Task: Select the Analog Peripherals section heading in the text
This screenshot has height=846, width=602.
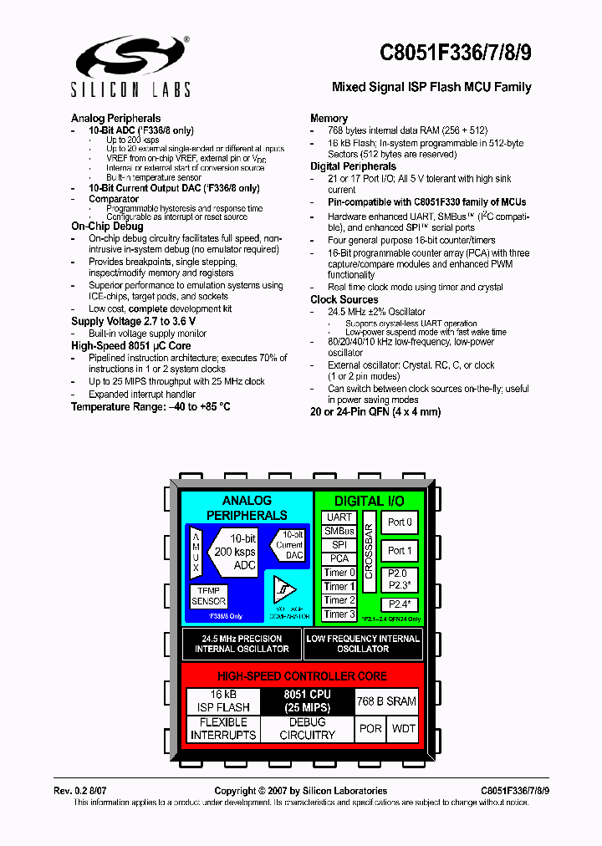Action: point(115,118)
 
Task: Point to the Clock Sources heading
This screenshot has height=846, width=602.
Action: point(344,299)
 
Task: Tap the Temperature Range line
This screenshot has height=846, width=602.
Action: point(150,406)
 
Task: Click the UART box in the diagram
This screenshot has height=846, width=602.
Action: point(339,517)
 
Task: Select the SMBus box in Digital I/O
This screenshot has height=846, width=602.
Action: point(339,531)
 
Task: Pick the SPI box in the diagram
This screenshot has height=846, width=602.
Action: point(339,545)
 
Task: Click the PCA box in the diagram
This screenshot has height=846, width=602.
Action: point(339,558)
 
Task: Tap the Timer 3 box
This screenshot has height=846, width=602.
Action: point(339,614)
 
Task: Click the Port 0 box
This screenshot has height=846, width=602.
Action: point(400,522)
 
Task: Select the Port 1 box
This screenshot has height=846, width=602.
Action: point(400,551)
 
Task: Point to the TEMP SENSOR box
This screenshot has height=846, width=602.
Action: point(208,596)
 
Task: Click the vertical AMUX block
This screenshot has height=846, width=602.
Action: point(196,553)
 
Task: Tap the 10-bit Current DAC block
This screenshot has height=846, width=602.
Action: point(290,545)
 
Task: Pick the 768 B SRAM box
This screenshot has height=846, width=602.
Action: point(386,701)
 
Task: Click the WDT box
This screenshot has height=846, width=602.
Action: point(404,729)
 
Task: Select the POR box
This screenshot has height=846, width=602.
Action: point(370,729)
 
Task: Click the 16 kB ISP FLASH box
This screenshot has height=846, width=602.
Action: point(223,701)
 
